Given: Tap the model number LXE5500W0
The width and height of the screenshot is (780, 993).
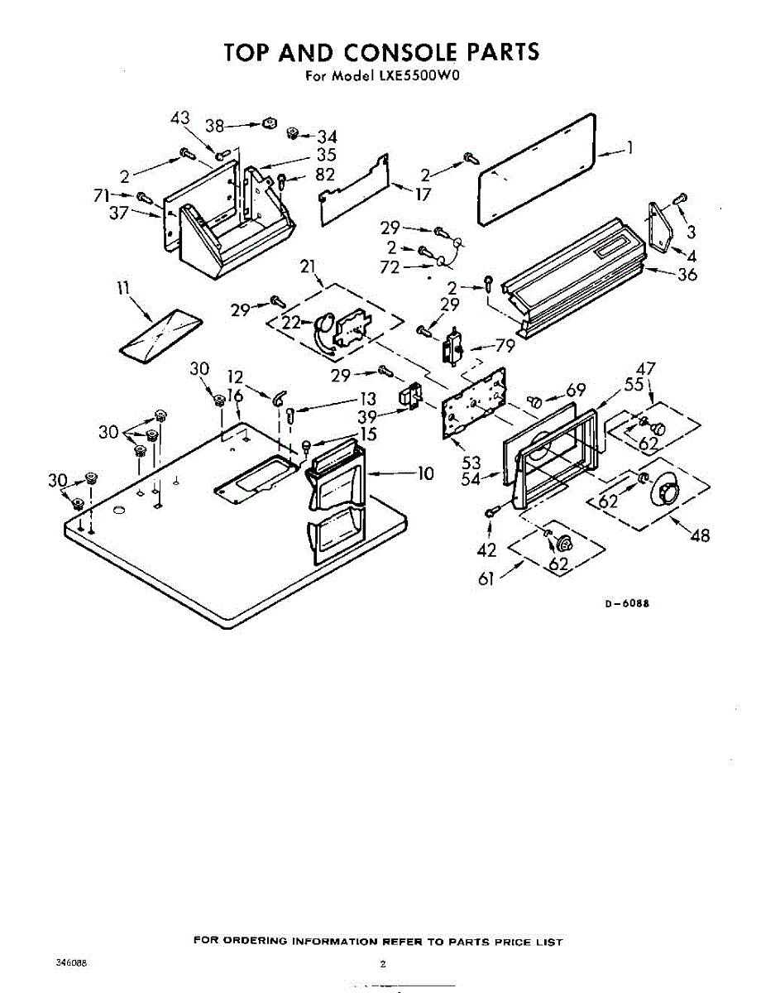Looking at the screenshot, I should (x=419, y=76).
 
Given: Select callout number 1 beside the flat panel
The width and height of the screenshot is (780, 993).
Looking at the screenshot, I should (x=629, y=149).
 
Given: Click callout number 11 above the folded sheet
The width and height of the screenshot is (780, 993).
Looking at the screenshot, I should (x=124, y=289).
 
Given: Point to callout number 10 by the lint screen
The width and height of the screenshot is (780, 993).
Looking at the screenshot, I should (x=425, y=473).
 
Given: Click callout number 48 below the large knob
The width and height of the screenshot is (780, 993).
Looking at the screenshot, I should (x=700, y=535).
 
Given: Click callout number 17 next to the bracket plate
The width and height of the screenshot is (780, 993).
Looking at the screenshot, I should (x=423, y=196).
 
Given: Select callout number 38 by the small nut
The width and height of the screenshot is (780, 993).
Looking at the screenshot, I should (x=215, y=126).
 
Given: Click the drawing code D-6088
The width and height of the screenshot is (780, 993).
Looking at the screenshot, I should (x=626, y=603).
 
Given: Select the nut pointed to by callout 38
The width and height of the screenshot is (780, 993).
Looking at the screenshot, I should (x=268, y=124).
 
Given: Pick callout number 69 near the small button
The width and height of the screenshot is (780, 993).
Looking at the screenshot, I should (x=576, y=391).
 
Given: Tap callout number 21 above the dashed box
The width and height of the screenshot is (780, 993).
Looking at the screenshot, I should (x=309, y=266).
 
